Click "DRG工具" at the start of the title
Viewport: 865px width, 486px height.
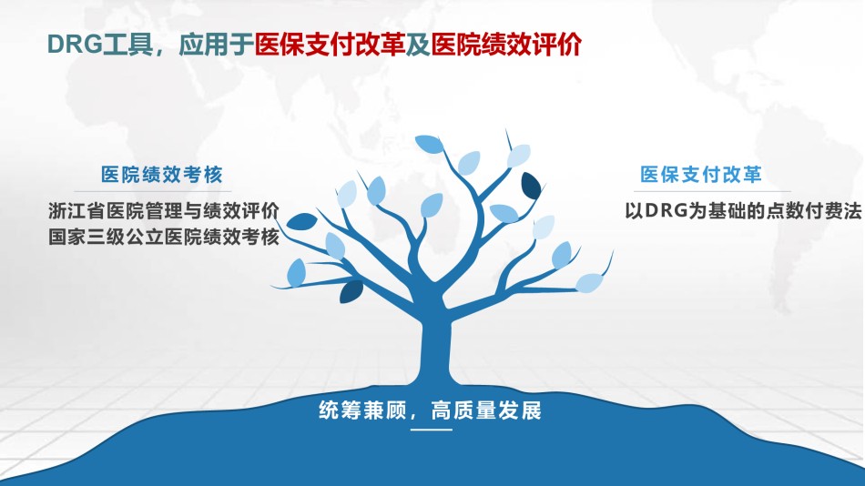click(100, 44)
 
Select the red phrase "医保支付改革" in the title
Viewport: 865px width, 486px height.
click(330, 44)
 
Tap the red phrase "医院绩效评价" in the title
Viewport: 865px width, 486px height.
click(506, 44)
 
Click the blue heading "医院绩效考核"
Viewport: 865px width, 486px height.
click(162, 175)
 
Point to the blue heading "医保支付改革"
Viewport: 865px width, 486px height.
click(700, 175)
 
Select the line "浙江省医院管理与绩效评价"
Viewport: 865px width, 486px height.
click(164, 210)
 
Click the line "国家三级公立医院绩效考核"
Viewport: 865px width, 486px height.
click(164, 236)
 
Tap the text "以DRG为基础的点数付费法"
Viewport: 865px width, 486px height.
click(743, 210)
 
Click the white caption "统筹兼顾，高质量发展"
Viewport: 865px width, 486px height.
click(431, 410)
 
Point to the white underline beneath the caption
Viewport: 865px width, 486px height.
click(432, 429)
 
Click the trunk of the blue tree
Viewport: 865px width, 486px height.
click(436, 348)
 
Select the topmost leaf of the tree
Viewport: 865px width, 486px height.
click(430, 145)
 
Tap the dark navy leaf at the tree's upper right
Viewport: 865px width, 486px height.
click(531, 186)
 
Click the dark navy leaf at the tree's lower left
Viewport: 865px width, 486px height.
click(351, 292)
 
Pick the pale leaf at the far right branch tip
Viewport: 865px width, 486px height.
click(589, 282)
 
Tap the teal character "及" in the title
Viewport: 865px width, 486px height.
click(418, 44)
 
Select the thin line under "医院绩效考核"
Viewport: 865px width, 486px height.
click(160, 191)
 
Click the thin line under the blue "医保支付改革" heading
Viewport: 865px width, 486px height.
click(712, 191)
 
